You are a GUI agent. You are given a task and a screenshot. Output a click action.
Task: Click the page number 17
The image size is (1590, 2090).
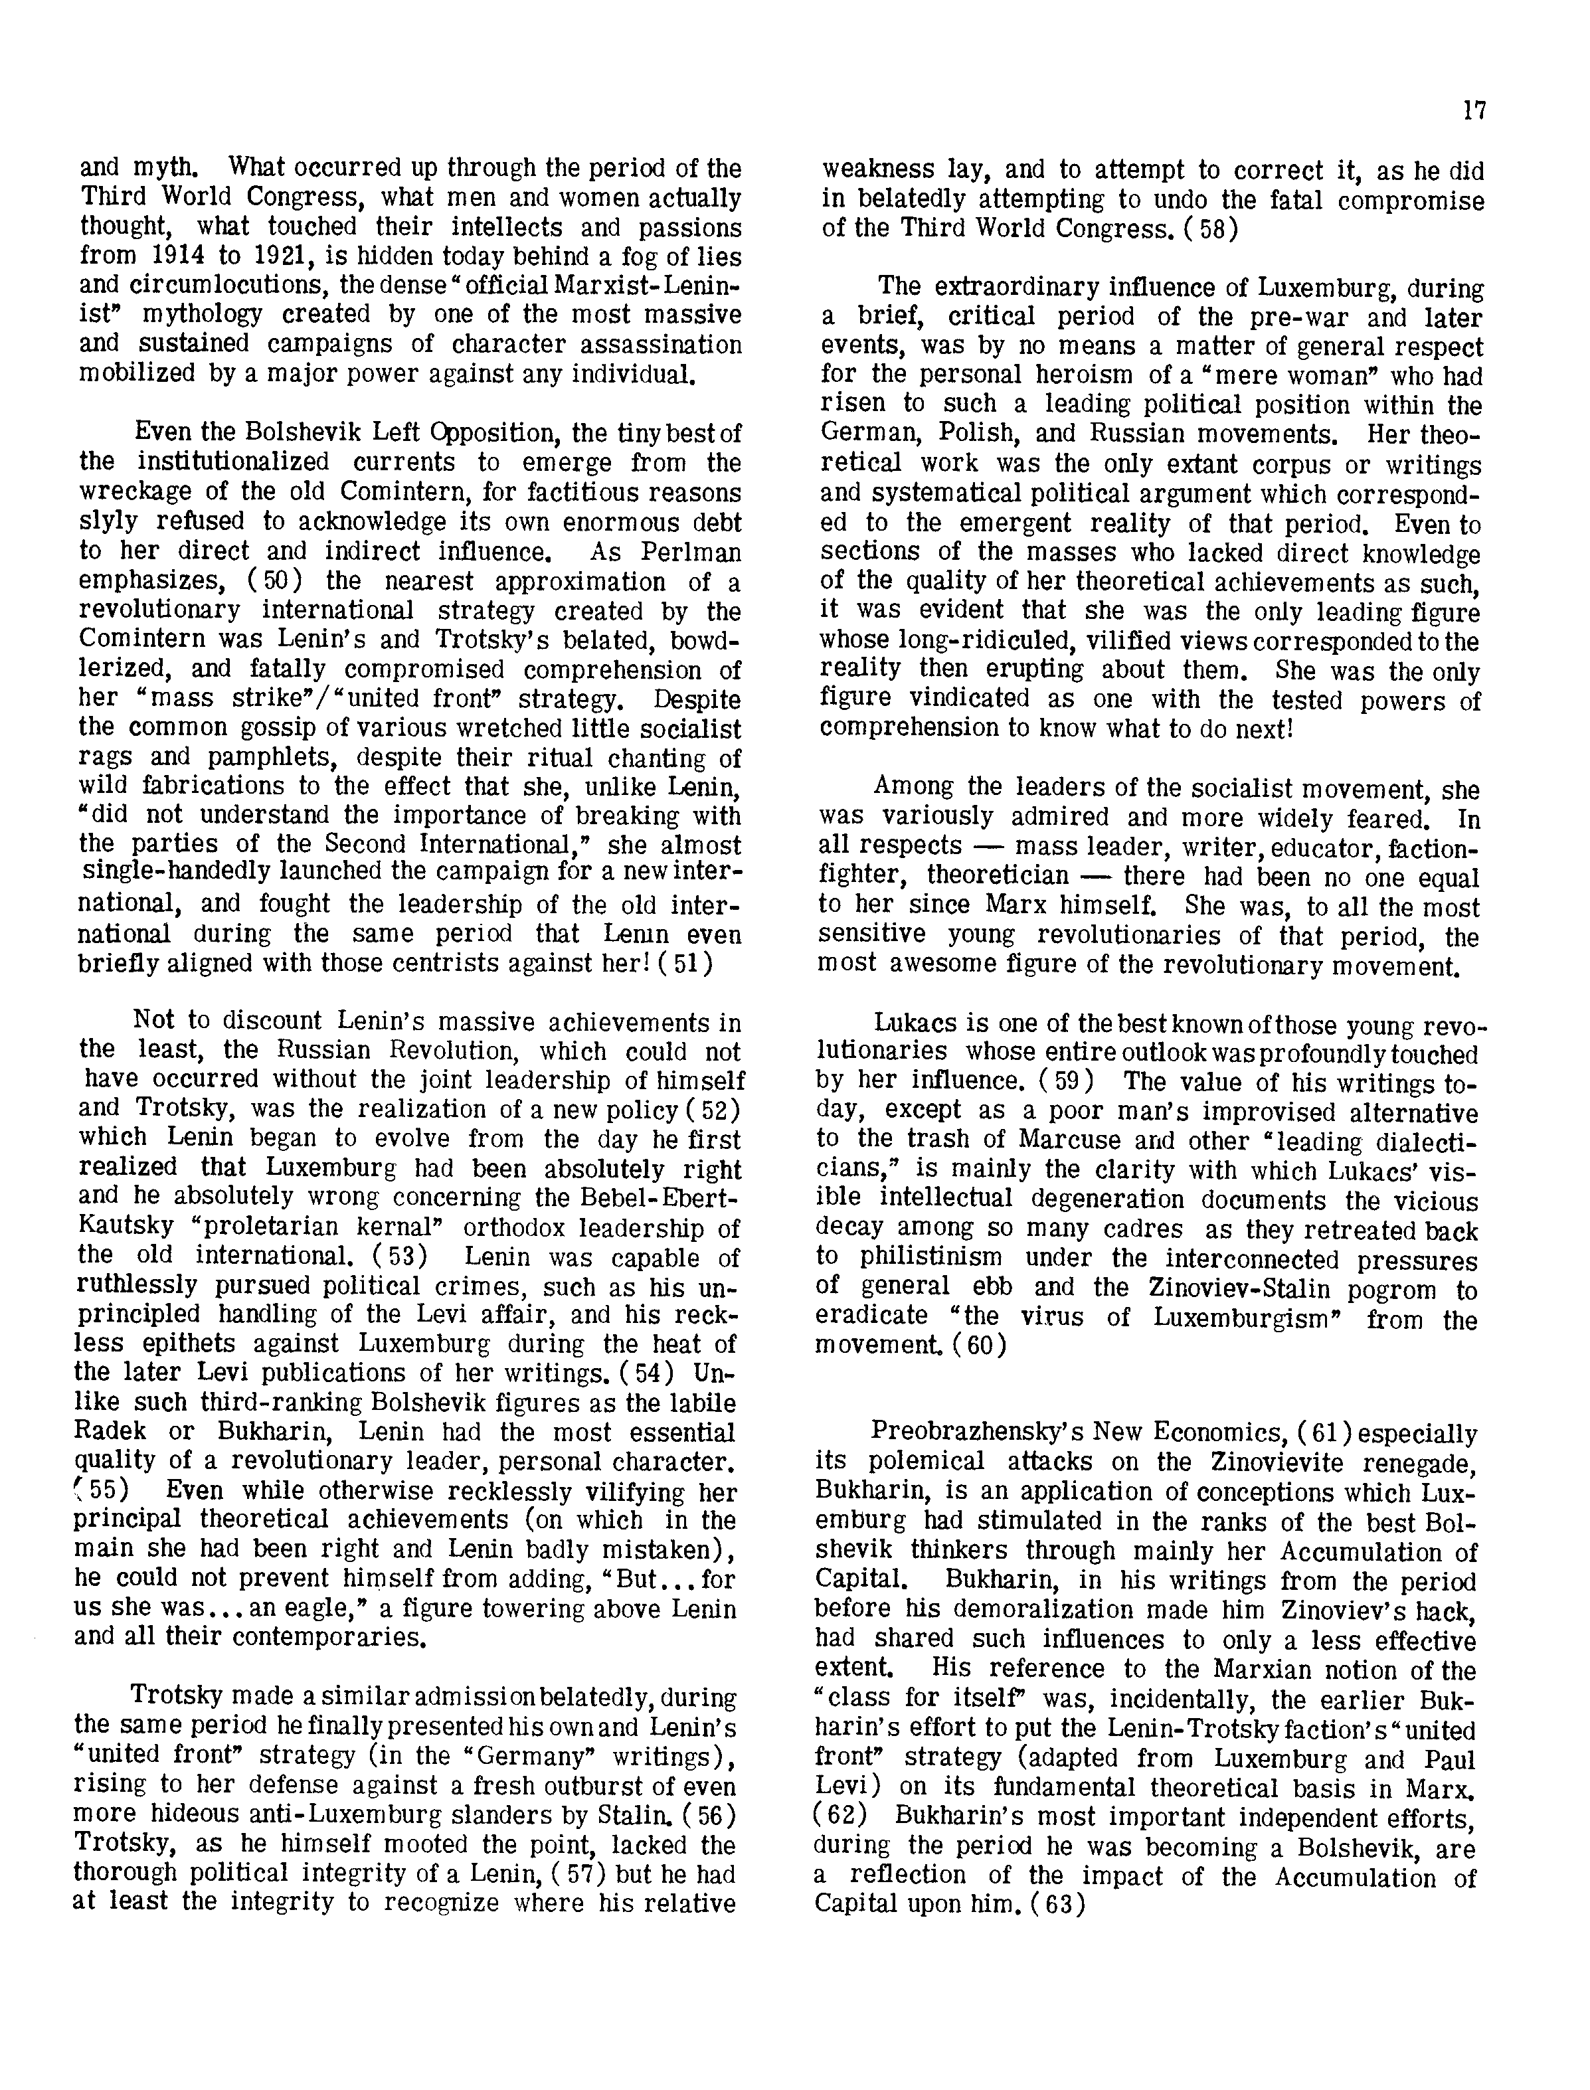(1474, 111)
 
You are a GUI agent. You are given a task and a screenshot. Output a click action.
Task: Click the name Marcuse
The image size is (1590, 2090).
(1077, 1141)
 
